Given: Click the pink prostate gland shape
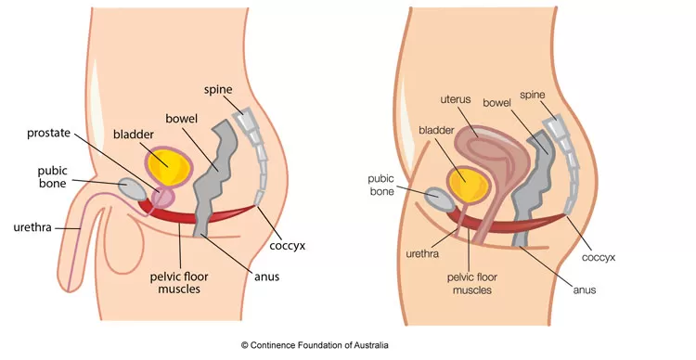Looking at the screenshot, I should (162, 198).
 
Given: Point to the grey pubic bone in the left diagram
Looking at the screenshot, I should (135, 187).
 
